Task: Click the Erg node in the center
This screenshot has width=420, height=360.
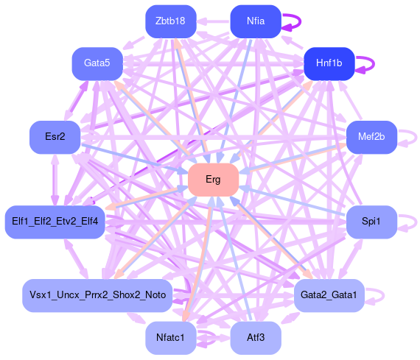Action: (x=213, y=180)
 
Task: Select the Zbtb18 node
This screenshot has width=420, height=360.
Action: (x=171, y=21)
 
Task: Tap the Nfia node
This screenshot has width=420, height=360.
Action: (x=256, y=21)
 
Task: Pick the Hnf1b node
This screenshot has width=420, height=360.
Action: (x=329, y=64)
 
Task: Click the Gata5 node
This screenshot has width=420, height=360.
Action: (x=97, y=64)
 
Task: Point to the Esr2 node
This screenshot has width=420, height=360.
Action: (x=55, y=138)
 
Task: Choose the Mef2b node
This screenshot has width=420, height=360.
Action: (x=371, y=138)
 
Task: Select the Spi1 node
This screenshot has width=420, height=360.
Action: (x=371, y=222)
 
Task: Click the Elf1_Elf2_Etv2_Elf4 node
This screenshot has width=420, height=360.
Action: (x=55, y=222)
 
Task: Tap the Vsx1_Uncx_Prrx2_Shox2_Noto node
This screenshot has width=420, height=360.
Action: (x=97, y=295)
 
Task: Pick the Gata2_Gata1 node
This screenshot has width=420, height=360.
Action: (x=329, y=295)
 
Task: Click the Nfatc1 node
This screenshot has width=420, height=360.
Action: (x=171, y=338)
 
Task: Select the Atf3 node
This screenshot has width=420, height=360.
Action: (x=256, y=338)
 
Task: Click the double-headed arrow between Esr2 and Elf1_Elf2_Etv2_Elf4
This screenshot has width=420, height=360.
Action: (x=55, y=180)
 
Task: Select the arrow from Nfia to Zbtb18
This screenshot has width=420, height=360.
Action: (x=214, y=21)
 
